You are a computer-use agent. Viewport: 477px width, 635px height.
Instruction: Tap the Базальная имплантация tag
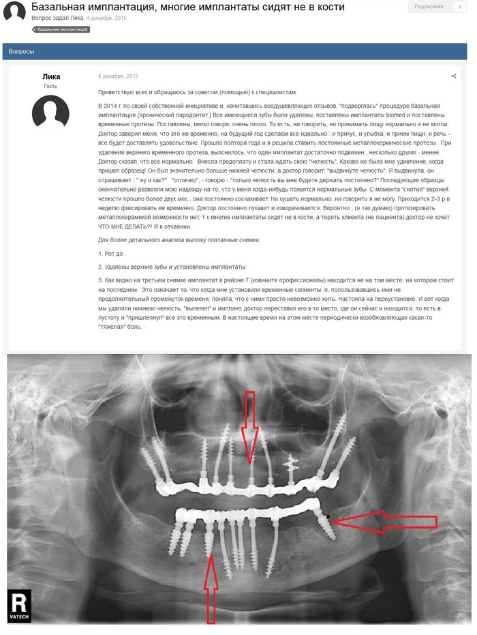pos(61,30)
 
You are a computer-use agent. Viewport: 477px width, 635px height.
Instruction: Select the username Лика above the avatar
pos(51,77)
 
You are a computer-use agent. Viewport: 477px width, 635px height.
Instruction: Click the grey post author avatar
pos(50,113)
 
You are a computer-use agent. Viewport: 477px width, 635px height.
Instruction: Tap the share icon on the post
pos(453,76)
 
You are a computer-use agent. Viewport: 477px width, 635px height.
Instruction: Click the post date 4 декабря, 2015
pos(118,76)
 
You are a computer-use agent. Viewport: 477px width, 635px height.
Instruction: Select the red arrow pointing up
pos(212,587)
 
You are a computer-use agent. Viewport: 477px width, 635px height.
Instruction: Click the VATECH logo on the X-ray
pos(20,604)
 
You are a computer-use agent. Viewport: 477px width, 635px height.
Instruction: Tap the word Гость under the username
pos(50,87)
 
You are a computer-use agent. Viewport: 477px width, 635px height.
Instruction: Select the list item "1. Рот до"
pos(113,254)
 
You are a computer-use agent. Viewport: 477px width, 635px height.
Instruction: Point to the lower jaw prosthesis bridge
pos(245,512)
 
